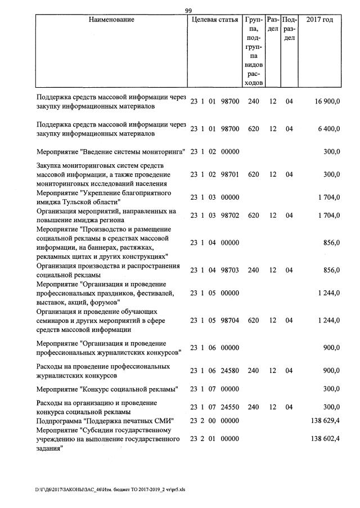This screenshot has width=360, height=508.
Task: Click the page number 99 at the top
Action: coord(188,10)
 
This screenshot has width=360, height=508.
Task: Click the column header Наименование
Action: coord(111,20)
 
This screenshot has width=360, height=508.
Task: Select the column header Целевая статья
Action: coord(215,20)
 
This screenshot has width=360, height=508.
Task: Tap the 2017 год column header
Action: coord(319,20)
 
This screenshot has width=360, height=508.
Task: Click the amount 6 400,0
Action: coord(327,129)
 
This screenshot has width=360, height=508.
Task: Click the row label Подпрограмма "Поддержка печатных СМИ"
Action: coord(105,421)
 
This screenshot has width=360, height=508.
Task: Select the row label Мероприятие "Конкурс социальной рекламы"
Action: coord(107,389)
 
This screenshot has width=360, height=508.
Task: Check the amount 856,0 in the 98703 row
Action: coord(330,270)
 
